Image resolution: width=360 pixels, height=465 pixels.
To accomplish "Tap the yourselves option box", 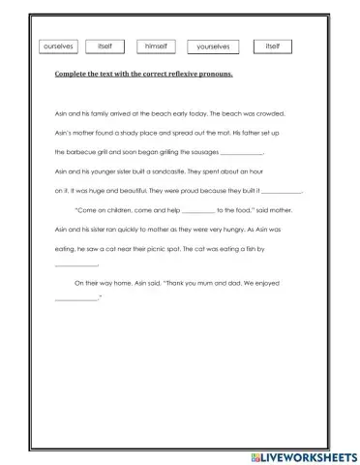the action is tap(213, 46).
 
